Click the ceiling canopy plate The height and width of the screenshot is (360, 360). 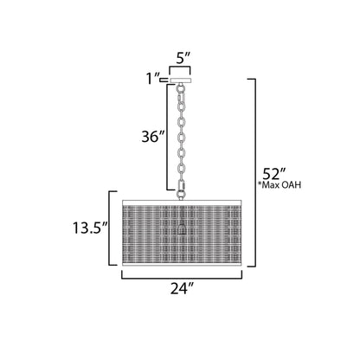pos(182,80)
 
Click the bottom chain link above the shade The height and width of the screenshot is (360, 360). pos(182,184)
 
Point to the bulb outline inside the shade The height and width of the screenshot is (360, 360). pos(182,227)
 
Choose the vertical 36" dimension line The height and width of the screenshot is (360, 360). pos(166,137)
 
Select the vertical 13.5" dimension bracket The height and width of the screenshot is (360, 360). pos(108,229)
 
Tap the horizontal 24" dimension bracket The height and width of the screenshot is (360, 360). pos(182,279)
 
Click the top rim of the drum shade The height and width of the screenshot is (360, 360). pos(182,199)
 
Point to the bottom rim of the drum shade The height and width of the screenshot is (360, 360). pos(182,261)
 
